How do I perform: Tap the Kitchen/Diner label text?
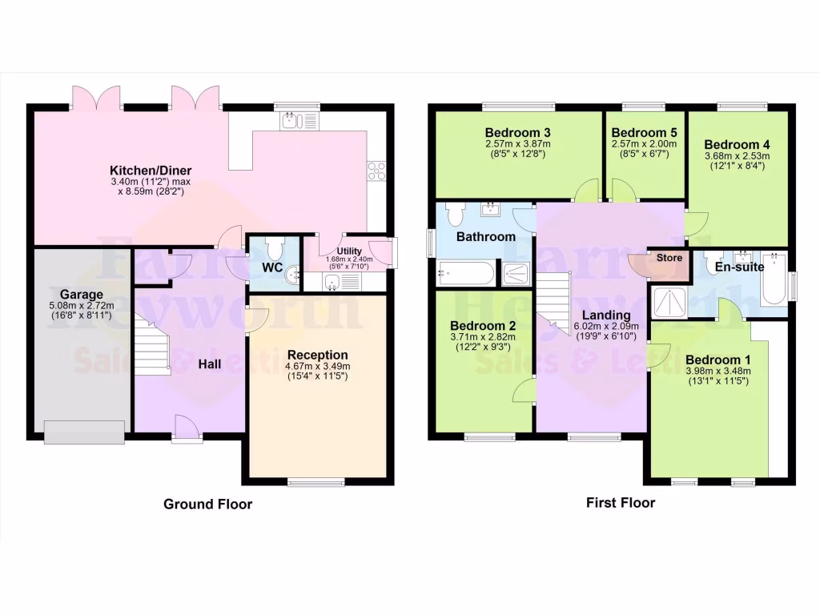coord(151,171)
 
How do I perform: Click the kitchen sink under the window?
coord(297,121)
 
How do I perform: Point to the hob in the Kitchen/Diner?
coord(376,171)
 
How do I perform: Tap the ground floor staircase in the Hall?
coord(153,344)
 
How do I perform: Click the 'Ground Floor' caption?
coord(207,504)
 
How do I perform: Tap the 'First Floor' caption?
coord(621,503)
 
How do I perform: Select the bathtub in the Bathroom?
coord(465,275)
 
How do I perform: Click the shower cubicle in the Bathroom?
coord(518,274)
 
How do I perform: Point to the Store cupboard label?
coord(669,258)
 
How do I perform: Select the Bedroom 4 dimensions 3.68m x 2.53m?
coord(737,156)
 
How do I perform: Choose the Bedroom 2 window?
coord(489,437)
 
